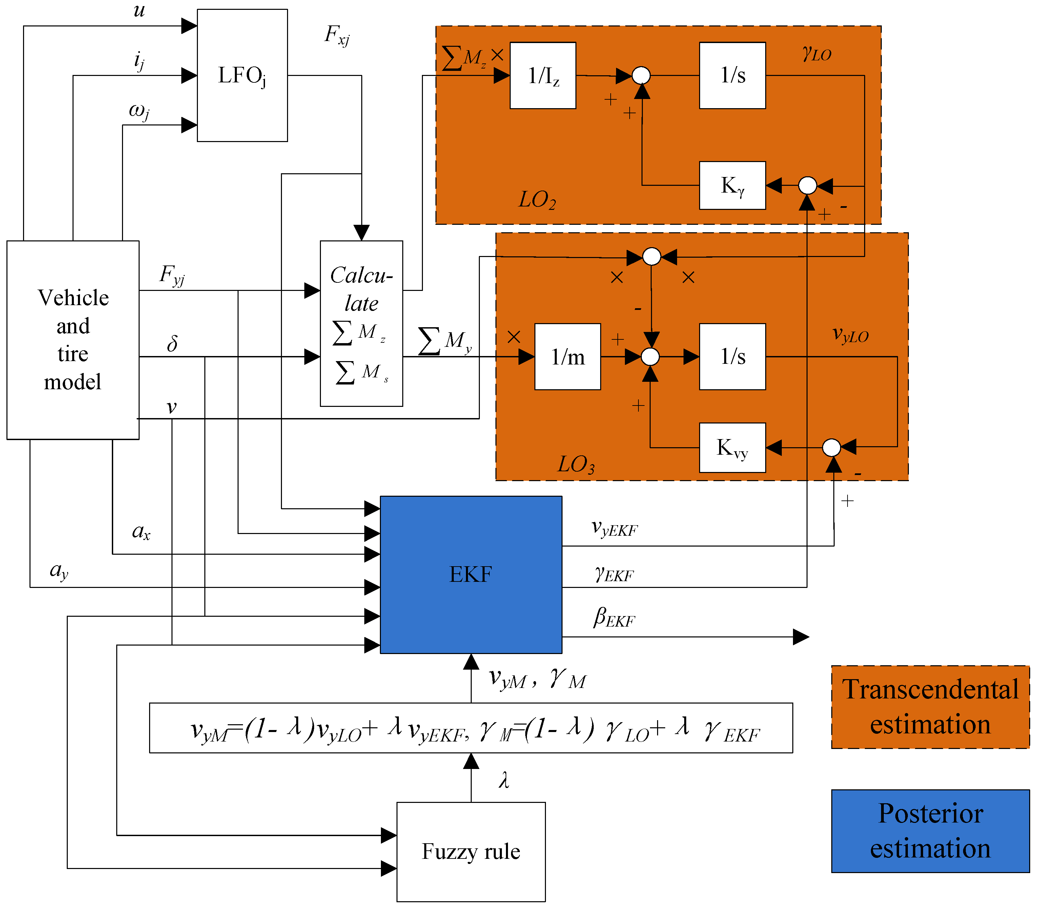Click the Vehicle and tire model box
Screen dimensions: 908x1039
click(x=73, y=339)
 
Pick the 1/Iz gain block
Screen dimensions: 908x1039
click(x=543, y=76)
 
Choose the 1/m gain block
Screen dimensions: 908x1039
click(x=568, y=357)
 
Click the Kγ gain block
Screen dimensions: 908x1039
click(x=732, y=185)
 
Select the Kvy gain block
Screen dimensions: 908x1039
click(x=732, y=448)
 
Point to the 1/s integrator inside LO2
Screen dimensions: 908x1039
click(x=732, y=76)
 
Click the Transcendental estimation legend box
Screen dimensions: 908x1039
click(x=930, y=707)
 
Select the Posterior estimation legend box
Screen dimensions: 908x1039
click(x=930, y=831)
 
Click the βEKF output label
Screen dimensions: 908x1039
click(x=614, y=618)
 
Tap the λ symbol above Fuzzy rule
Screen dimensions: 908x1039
click(x=503, y=780)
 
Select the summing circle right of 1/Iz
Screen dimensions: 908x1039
click(x=641, y=76)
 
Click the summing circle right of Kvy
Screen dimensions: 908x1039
click(x=831, y=448)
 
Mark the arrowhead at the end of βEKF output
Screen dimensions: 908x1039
click(x=801, y=637)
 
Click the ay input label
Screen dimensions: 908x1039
click(x=59, y=571)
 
